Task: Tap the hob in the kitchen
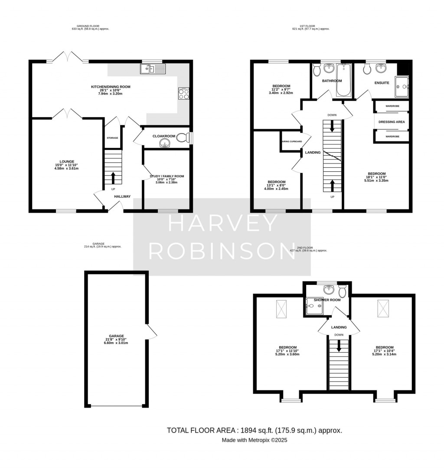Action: (x=183, y=93)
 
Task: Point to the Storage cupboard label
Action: (x=112, y=138)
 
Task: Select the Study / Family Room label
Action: (x=167, y=176)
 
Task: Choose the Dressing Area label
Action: (x=392, y=122)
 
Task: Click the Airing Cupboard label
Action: (x=292, y=141)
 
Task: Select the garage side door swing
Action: (x=152, y=332)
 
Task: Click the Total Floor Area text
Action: (x=254, y=430)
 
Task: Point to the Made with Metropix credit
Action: (x=254, y=440)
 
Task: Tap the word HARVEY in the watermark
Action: (x=222, y=224)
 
